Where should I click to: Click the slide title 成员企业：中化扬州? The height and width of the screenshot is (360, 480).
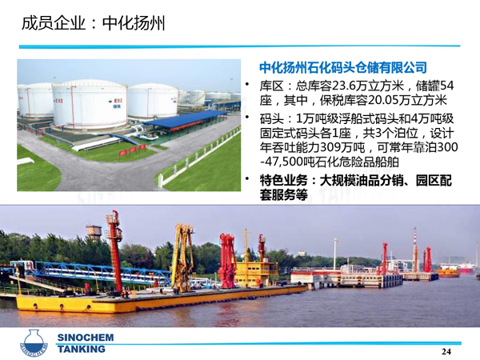94,23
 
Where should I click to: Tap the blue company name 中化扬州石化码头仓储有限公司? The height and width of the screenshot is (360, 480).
343,67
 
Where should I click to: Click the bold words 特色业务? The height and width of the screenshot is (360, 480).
283,180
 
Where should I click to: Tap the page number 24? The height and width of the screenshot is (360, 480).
446,351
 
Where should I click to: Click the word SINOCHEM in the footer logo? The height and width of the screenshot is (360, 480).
86,338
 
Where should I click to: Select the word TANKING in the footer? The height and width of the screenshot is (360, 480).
82,349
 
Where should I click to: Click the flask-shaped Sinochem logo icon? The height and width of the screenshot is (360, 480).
34,343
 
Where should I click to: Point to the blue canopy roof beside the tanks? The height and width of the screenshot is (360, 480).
185,118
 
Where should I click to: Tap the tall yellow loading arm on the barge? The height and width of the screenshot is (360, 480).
182,258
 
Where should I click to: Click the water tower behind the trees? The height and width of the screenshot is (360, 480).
94,234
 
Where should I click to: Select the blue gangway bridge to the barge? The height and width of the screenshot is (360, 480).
92,271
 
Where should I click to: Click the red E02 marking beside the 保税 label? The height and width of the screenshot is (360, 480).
118,101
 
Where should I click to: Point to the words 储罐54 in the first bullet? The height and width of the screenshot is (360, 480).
434,86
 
